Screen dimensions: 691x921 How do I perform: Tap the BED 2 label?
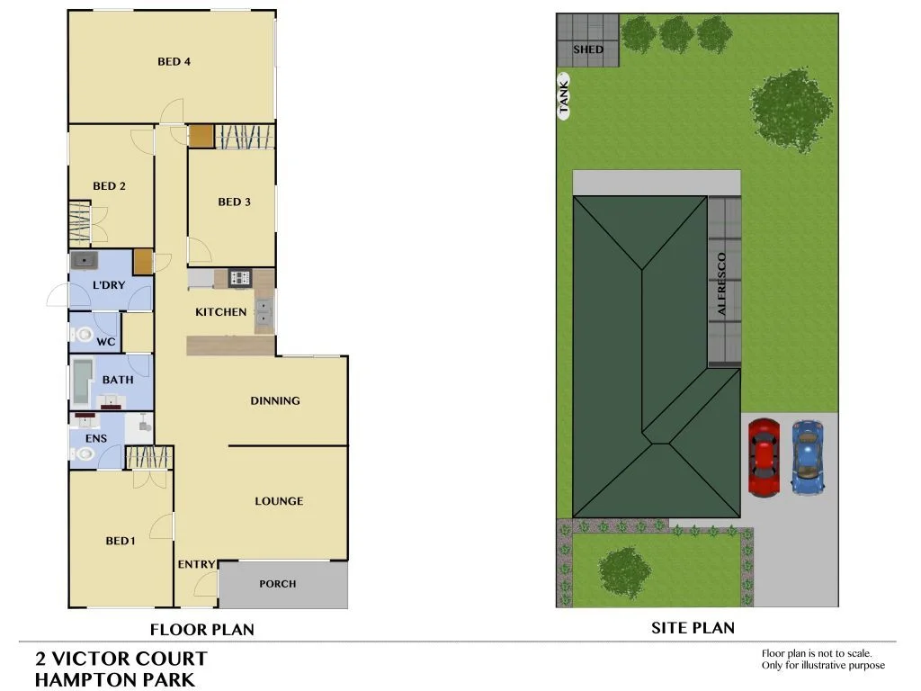109,186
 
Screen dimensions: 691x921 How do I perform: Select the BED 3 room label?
234,202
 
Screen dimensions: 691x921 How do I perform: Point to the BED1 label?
121,541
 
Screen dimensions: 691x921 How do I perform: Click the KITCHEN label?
220,312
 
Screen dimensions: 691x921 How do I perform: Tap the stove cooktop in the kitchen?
239,278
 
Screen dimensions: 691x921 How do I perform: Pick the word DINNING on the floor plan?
275,400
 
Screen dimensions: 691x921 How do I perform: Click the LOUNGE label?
279,501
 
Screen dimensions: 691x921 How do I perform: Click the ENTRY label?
196,564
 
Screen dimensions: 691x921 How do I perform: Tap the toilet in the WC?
82,335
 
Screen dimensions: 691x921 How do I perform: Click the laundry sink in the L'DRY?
85,261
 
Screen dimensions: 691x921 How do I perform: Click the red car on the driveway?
764,457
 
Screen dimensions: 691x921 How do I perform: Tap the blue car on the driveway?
807,457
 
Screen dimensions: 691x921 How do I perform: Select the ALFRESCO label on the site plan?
721,283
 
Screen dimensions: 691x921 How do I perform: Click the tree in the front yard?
624,573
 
